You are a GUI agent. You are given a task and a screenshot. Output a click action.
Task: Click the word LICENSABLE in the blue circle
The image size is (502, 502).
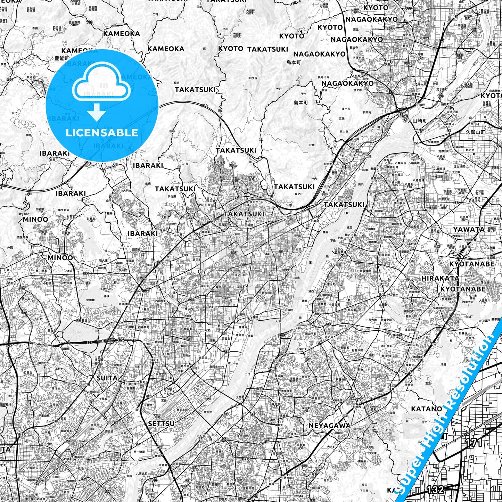102,133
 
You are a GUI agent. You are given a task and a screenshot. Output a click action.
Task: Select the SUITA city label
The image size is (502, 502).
107,378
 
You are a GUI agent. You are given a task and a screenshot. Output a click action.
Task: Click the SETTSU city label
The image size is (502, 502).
161,424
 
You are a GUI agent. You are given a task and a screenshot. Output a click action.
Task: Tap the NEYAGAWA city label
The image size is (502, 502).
330,426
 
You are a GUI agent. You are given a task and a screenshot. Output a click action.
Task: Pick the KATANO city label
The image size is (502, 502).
427,409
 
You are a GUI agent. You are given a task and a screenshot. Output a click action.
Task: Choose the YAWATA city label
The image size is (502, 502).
469,229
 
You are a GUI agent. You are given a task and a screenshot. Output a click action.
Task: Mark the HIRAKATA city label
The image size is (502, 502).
435,278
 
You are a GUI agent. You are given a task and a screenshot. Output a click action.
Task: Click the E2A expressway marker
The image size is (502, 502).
90,342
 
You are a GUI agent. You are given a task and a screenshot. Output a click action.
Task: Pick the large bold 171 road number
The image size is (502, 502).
474,443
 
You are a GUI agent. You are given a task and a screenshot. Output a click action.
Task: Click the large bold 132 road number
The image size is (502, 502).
435,490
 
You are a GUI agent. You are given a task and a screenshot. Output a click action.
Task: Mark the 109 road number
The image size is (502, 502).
17,63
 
